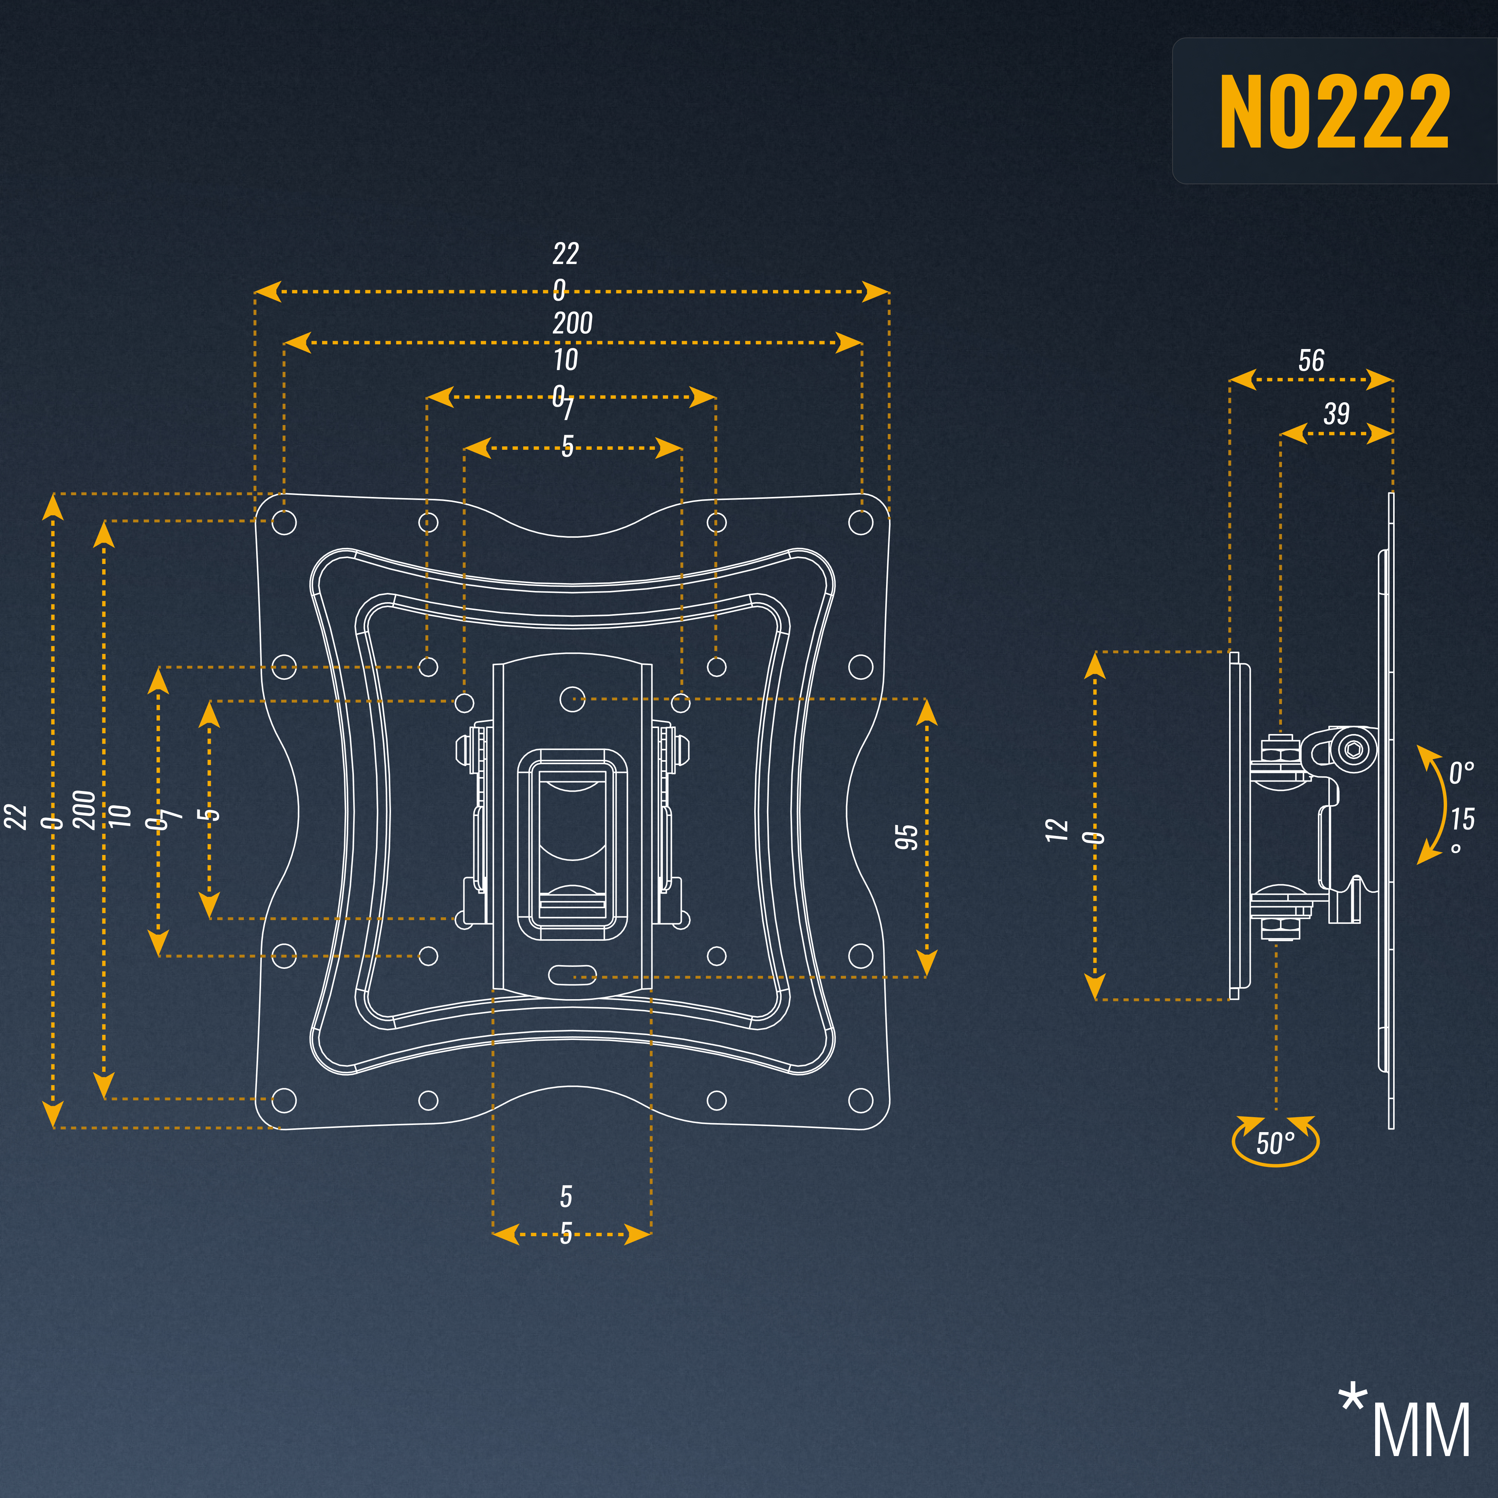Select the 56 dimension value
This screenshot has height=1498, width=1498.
(x=1311, y=361)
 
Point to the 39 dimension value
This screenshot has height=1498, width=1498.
(x=1336, y=413)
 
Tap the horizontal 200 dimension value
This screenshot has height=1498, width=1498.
(x=572, y=322)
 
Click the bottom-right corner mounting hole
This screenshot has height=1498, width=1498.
(x=861, y=1100)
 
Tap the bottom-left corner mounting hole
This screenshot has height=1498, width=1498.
(x=285, y=1100)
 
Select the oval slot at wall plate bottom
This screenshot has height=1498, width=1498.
(x=572, y=974)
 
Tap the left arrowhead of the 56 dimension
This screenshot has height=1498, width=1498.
(x=1241, y=380)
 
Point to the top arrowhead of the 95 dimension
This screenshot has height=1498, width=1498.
(x=927, y=712)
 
